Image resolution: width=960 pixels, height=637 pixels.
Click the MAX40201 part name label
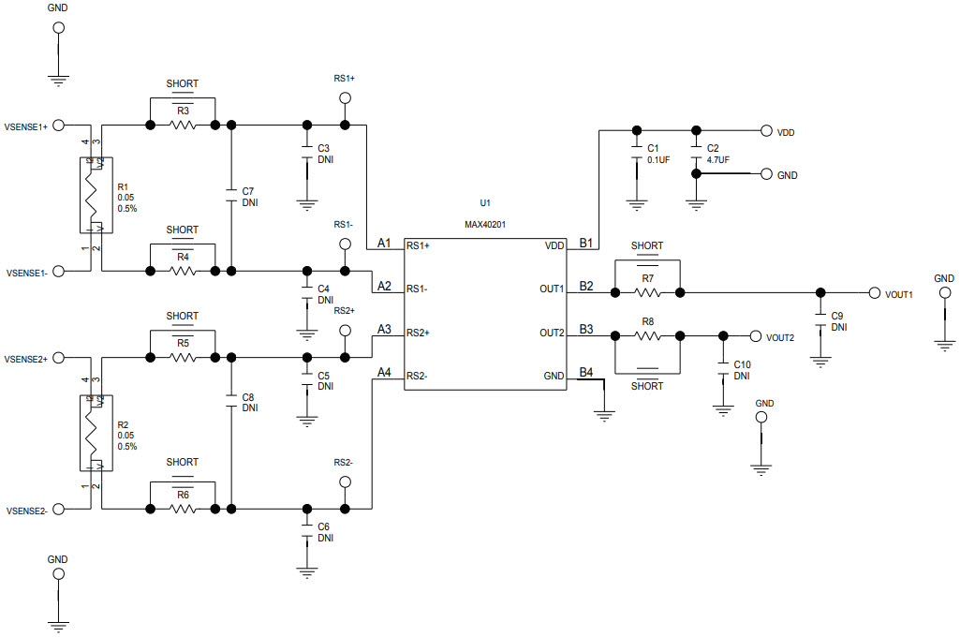point(486,224)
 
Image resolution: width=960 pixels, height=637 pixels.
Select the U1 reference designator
point(484,202)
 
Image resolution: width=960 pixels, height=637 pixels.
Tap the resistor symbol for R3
point(182,125)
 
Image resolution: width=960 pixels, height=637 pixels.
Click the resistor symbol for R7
point(648,292)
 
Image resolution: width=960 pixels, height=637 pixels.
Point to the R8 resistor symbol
point(648,335)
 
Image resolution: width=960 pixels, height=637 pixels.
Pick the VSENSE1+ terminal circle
point(58,125)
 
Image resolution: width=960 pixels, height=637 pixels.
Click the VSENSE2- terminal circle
point(58,510)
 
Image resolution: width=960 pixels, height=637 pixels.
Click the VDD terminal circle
point(766,131)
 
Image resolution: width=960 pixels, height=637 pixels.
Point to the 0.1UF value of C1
point(658,160)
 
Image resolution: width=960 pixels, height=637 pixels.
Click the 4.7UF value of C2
point(718,160)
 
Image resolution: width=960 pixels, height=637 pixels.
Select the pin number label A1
point(384,243)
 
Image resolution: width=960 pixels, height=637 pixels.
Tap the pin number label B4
point(586,372)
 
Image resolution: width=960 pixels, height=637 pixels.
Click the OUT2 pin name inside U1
point(552,333)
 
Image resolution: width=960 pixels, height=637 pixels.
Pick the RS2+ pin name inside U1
point(419,333)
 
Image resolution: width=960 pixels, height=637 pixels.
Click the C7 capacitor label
point(248,191)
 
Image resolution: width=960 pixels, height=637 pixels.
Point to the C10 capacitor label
point(742,363)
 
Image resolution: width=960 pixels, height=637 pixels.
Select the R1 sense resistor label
point(124,186)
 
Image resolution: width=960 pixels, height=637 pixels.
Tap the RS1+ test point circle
point(345,98)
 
